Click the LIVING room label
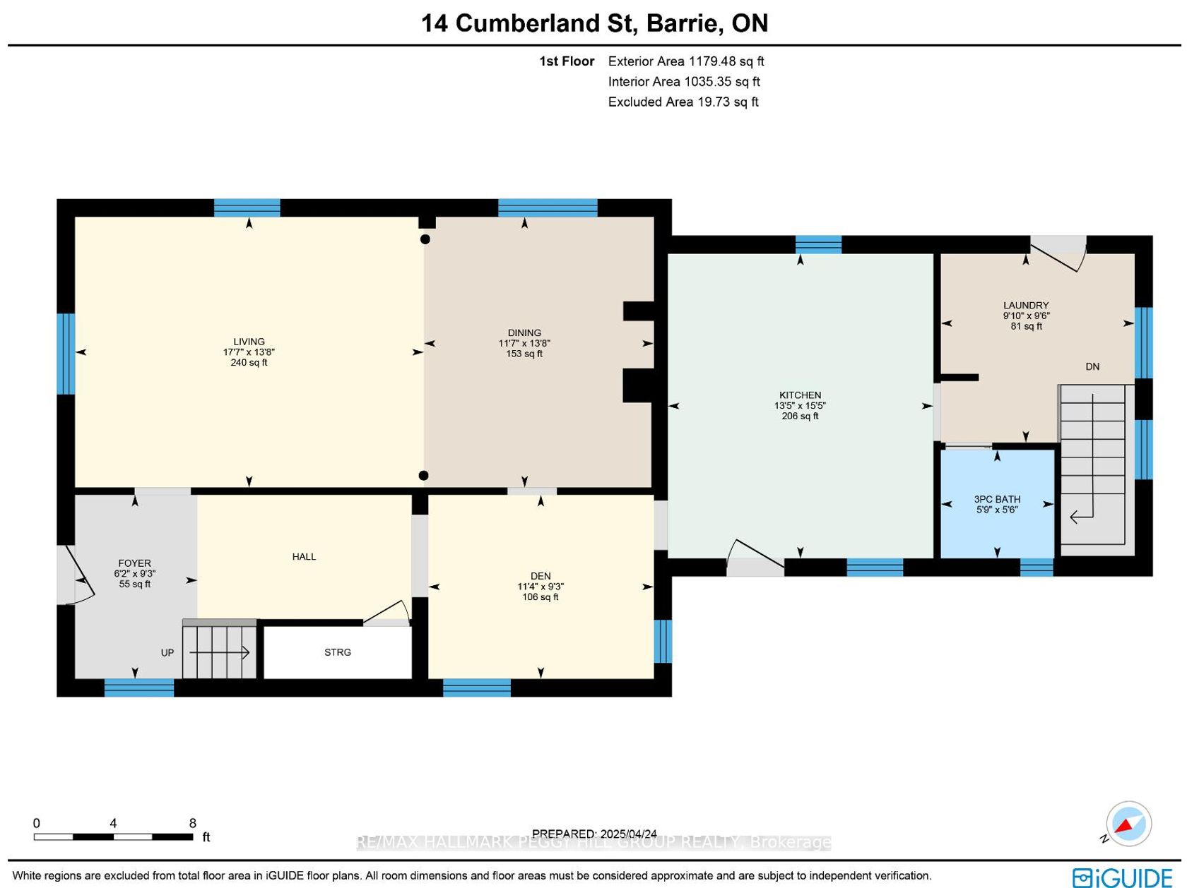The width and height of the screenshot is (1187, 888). [249, 342]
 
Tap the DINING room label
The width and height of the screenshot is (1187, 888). [524, 332]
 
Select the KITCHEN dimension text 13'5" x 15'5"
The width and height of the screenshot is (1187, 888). [800, 405]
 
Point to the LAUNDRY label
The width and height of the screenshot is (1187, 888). [1026, 305]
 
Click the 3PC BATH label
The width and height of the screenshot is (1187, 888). [997, 499]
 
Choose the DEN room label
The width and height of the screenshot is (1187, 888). [541, 576]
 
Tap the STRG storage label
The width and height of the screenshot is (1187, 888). [338, 652]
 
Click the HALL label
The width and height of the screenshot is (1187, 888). [304, 556]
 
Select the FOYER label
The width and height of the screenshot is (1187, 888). [135, 563]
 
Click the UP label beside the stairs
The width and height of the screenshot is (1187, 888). [167, 652]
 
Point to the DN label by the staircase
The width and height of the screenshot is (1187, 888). [1092, 366]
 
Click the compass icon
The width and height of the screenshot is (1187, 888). [1128, 824]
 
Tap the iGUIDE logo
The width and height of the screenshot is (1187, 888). [1122, 877]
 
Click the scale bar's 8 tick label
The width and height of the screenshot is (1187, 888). [192, 823]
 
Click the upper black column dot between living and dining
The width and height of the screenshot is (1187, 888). [425, 239]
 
